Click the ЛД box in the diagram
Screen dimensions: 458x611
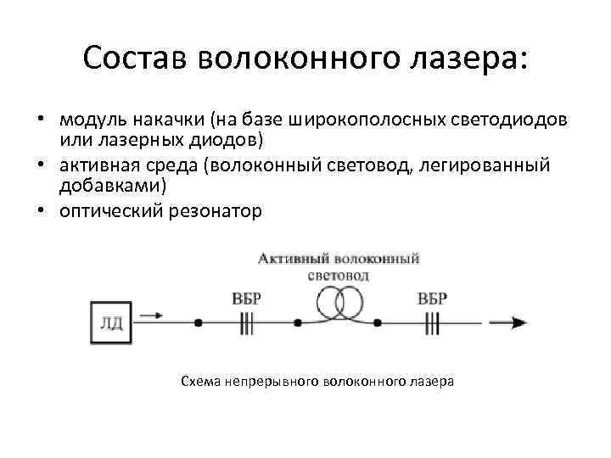pos(111,323)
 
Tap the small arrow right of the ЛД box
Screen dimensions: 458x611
pos(152,316)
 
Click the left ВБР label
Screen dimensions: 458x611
pos(247,299)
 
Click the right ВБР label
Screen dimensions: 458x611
pos(433,299)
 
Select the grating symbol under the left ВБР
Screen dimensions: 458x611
pos(248,323)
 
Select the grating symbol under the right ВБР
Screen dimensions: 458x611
pos(433,323)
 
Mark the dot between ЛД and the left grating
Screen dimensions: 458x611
pos(198,323)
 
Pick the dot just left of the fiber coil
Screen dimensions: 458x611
pos(297,323)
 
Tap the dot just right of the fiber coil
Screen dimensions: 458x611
pos(378,323)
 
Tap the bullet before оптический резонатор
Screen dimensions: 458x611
pos(40,211)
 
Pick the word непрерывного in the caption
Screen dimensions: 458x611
pos(272,381)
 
